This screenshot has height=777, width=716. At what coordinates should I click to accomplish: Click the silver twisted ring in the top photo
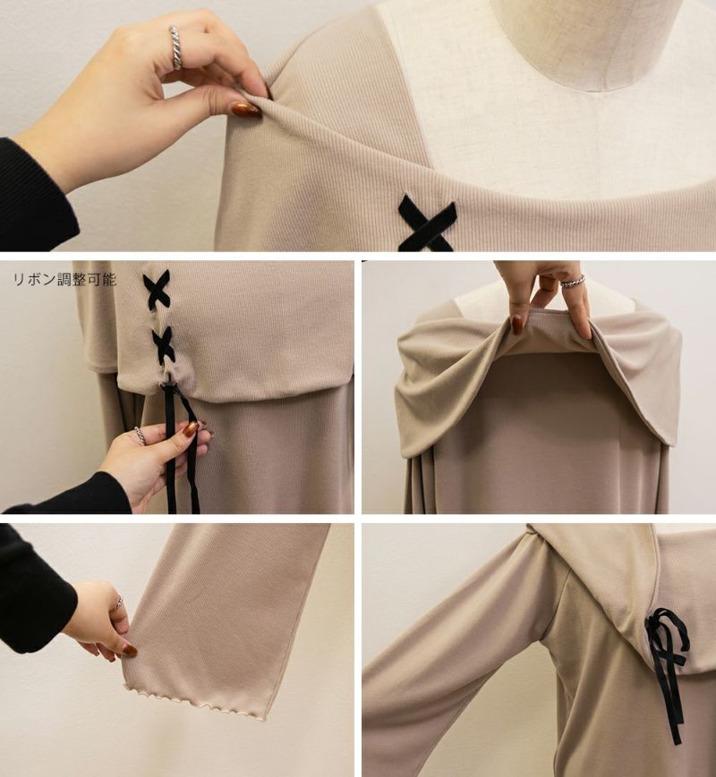click(176, 47)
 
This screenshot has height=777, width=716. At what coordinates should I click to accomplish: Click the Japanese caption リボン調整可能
click(64, 280)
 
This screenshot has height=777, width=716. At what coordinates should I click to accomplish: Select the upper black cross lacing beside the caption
click(157, 287)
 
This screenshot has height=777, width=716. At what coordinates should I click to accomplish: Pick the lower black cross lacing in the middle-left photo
click(164, 345)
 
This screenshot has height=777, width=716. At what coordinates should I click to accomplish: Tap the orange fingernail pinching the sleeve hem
click(130, 650)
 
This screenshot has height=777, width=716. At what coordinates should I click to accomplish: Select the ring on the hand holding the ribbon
click(141, 436)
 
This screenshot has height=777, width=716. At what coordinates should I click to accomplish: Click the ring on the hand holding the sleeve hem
click(119, 601)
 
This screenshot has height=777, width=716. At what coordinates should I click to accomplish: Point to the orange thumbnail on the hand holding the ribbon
click(190, 428)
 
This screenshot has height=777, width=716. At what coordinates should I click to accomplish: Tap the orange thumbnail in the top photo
click(245, 109)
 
